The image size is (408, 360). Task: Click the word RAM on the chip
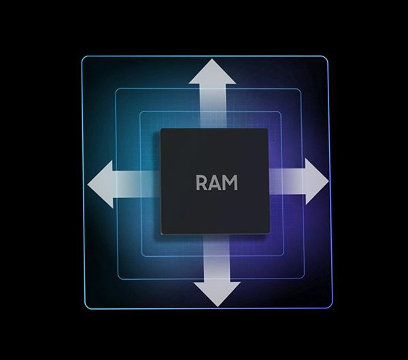(217, 183)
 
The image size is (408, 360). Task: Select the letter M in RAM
(231, 183)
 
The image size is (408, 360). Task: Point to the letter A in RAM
(216, 183)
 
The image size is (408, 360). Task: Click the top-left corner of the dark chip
(161, 130)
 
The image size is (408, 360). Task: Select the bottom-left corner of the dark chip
(161, 234)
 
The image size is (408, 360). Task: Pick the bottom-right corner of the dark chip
(268, 234)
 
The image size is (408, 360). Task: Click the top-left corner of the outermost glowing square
(83, 57)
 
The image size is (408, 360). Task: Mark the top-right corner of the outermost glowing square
(327, 57)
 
